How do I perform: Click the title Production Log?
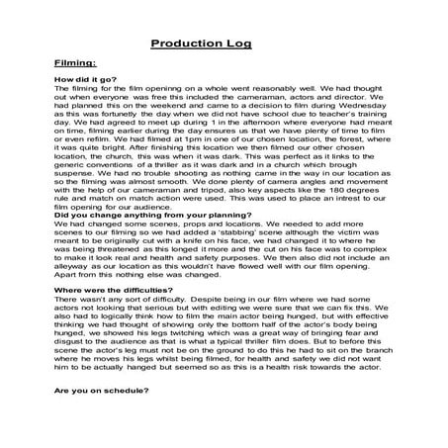pyautogui.click(x=202, y=44)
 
